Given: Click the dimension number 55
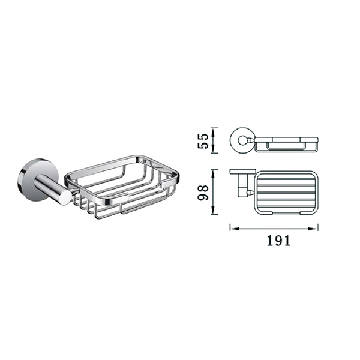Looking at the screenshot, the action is pyautogui.click(x=203, y=141).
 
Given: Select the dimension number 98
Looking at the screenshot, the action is pyautogui.click(x=203, y=193).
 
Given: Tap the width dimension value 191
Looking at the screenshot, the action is pyautogui.click(x=278, y=241).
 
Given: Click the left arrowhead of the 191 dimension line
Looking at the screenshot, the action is pyautogui.click(x=235, y=229).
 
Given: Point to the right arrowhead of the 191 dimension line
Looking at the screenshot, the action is pyautogui.click(x=313, y=229).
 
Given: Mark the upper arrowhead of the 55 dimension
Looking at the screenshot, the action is pyautogui.click(x=214, y=133).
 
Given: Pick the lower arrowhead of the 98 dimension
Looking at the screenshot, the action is pyautogui.click(x=214, y=210).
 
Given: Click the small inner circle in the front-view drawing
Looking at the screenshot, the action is pyautogui.click(x=242, y=140).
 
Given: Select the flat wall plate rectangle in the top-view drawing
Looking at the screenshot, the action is pyautogui.click(x=243, y=171).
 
